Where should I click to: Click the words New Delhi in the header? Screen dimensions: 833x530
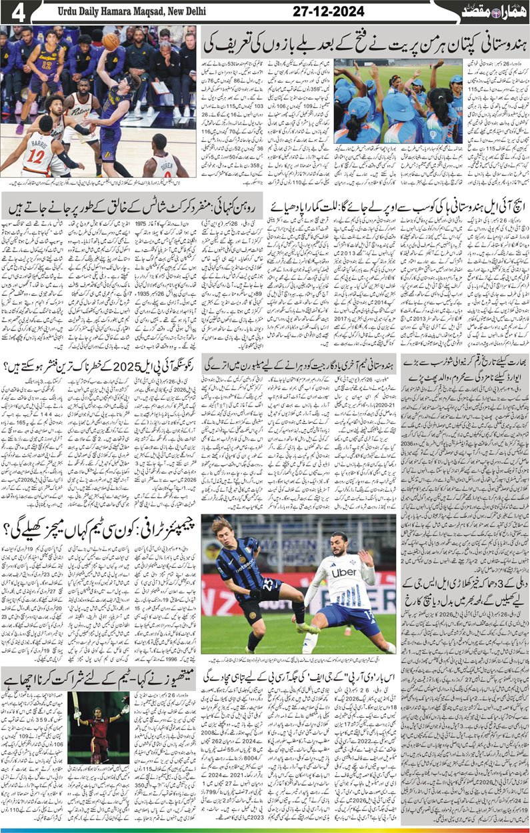click(187, 11)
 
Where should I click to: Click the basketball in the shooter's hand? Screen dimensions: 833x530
click(111, 42)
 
